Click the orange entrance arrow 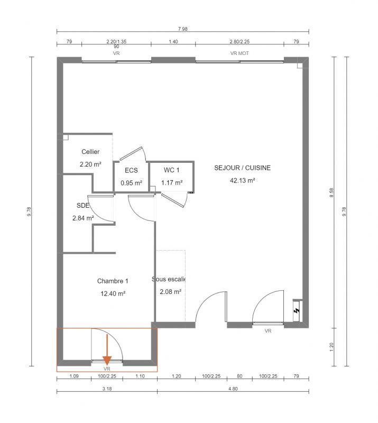[107, 350]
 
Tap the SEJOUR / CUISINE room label [242, 168]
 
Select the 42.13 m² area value [242, 180]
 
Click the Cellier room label [90, 152]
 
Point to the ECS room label [131, 171]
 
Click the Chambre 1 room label [113, 281]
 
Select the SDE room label [83, 206]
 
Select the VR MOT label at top [239, 53]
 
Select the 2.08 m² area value [170, 291]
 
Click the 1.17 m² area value [172, 183]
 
